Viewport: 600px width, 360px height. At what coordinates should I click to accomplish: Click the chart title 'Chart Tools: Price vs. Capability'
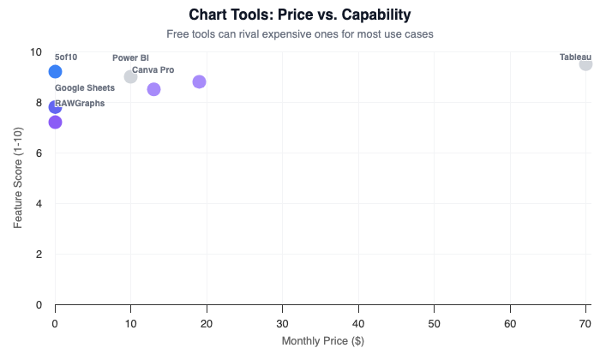click(299, 15)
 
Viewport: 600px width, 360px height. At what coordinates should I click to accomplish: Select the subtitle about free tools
click(299, 33)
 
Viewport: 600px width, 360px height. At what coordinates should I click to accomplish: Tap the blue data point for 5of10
click(55, 72)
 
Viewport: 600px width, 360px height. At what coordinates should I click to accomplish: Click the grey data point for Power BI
click(130, 76)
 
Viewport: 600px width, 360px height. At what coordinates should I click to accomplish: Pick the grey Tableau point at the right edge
click(585, 64)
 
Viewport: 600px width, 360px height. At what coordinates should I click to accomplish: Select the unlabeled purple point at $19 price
click(199, 81)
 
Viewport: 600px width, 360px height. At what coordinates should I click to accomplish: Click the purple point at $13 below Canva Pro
click(153, 89)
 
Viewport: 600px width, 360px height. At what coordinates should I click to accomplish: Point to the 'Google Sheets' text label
click(85, 87)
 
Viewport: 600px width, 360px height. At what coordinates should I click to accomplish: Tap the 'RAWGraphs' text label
click(80, 103)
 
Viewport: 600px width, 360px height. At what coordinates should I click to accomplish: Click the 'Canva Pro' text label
click(153, 69)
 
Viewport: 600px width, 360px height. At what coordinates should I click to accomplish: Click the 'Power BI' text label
click(130, 57)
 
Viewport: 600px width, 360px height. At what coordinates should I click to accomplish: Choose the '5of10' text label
click(66, 57)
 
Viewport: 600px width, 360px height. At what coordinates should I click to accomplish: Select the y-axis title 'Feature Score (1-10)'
click(18, 177)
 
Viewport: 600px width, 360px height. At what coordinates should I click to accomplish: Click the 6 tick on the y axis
click(38, 153)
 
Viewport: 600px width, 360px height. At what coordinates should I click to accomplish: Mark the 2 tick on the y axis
click(38, 254)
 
